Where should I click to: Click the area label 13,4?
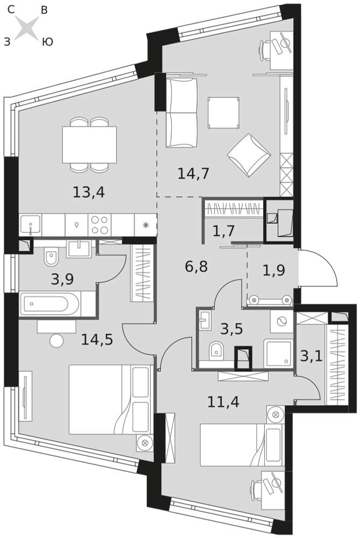point(89,192)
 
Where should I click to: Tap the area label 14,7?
point(193,174)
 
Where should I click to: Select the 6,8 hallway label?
point(196,266)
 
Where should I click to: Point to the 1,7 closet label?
point(224,231)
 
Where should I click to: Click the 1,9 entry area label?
point(274,271)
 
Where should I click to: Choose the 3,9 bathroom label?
point(62,280)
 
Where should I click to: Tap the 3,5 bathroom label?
point(231,329)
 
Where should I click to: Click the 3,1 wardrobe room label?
point(311,356)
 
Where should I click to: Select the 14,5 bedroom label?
point(97,339)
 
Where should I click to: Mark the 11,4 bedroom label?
point(223,401)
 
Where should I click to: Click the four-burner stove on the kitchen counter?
point(100,225)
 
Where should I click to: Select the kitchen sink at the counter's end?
point(31,225)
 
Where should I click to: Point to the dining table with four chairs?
point(89,144)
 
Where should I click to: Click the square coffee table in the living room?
point(223,113)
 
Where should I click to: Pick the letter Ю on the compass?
point(47,42)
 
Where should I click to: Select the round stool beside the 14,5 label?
point(57,342)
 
